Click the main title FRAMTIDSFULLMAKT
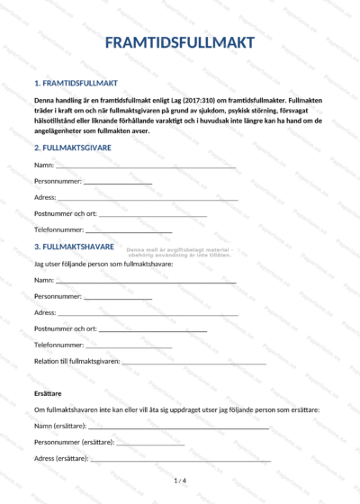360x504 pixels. click(x=179, y=43)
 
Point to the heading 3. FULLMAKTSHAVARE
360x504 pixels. click(x=74, y=246)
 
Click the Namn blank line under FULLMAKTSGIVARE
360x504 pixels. click(x=146, y=167)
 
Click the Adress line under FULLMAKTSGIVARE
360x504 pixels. click(x=148, y=198)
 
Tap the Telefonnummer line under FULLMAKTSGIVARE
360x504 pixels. click(x=128, y=230)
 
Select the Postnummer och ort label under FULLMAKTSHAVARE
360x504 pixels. click(x=65, y=328)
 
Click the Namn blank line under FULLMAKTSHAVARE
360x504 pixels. click(x=146, y=282)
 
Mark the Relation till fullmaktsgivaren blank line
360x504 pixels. click(x=193, y=362)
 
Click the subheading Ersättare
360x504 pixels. click(x=48, y=393)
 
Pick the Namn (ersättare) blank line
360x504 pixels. click(x=179, y=427)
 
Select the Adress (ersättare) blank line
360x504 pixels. click(x=180, y=460)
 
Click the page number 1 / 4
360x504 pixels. click(x=179, y=481)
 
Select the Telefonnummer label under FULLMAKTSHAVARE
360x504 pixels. click(x=58, y=345)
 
